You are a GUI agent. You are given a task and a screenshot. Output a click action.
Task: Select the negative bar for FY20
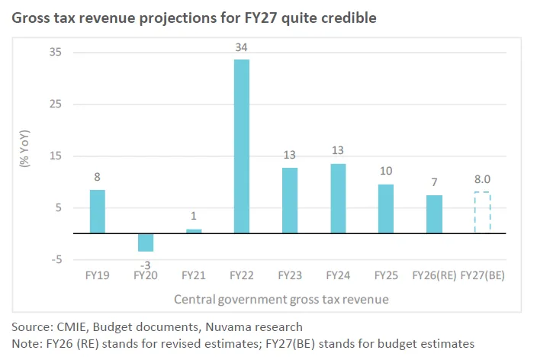point(145,243)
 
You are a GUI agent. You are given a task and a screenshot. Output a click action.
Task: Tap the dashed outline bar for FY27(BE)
point(482,213)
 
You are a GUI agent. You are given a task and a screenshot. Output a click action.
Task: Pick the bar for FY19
point(98,211)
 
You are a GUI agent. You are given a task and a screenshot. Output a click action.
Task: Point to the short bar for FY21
point(194,231)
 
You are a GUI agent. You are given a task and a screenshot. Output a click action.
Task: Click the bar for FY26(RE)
point(434,214)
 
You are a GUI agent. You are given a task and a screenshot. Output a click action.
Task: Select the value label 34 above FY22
point(241,48)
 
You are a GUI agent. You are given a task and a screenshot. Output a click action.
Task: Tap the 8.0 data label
point(482,180)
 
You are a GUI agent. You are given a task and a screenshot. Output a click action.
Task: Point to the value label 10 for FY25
point(386,171)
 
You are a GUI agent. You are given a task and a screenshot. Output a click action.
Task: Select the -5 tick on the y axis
point(56,260)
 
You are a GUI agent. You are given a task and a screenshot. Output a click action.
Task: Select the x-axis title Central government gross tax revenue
point(281,300)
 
